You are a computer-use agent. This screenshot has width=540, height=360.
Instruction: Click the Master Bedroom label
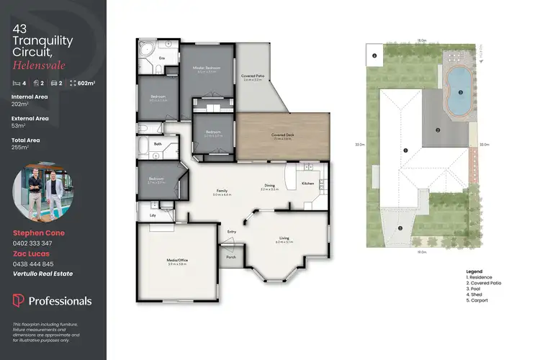[x=206, y=68]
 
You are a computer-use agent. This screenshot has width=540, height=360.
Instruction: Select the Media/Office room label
[x=176, y=261]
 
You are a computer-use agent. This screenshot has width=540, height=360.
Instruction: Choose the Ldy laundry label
[x=153, y=215]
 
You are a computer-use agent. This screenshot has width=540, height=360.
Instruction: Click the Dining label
[x=269, y=186]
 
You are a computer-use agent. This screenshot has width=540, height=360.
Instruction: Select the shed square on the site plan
[x=375, y=55]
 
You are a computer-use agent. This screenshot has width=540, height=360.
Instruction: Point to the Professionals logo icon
[x=19, y=301]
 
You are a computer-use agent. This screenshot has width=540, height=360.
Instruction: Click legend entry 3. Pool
[x=476, y=289]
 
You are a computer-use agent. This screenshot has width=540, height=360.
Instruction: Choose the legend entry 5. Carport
[x=479, y=300]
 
